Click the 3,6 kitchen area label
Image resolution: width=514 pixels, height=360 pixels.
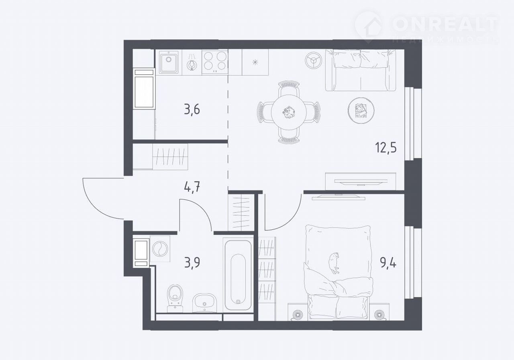click(192, 110)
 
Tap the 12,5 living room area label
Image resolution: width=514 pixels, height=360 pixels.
click(386, 147)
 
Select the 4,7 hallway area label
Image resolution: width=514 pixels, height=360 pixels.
click(192, 187)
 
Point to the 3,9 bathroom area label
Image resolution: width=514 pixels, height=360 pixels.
click(192, 262)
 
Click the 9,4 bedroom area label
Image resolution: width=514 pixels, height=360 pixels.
click(388, 263)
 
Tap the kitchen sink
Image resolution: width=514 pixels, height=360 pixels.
click(169, 62)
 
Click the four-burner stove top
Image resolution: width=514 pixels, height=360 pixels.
click(215, 62)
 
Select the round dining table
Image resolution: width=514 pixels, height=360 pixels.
click(289, 112)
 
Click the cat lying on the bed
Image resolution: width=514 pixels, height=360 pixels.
click(334, 263)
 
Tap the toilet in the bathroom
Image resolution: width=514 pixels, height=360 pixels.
click(175, 299)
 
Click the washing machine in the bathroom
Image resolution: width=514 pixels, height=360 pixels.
click(160, 249)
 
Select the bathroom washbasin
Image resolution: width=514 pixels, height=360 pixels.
click(204, 303)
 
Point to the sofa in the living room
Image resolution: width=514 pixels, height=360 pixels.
click(361, 70)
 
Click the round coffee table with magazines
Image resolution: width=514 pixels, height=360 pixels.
click(361, 110)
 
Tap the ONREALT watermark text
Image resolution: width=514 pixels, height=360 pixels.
click(445, 25)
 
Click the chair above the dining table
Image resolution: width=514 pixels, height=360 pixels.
click(289, 88)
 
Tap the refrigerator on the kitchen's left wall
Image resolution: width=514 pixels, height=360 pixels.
click(144, 89)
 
